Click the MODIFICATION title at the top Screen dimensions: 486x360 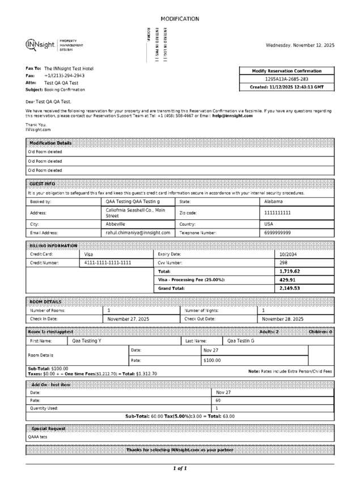180,19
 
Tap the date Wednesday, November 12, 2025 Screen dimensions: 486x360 300,45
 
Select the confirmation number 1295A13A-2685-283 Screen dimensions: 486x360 287,79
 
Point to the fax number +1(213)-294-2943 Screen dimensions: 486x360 65,75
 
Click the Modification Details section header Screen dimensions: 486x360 50,143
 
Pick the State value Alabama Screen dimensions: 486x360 274,201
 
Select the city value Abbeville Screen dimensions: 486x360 116,224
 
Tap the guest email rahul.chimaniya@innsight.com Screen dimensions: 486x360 138,233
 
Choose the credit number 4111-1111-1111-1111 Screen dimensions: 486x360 108,263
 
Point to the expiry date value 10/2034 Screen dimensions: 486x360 288,255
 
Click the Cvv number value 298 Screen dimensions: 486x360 283,263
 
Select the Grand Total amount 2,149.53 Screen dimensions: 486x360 290,288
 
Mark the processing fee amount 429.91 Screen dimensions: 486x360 287,280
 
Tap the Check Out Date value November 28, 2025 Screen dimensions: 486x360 282,319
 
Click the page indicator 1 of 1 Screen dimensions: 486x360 180,468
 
